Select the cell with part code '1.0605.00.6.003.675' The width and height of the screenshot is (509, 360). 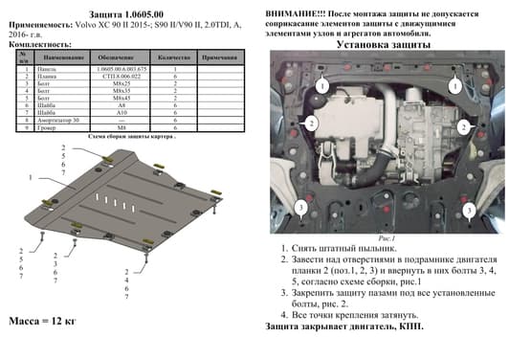tap(121, 69)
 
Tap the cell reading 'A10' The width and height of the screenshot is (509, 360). tap(121, 112)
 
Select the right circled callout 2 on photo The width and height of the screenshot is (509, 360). tap(463, 125)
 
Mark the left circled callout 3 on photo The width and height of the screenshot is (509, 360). tap(300, 208)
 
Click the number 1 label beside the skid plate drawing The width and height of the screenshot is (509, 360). tap(31, 179)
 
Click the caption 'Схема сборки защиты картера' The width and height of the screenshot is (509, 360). tap(131, 137)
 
